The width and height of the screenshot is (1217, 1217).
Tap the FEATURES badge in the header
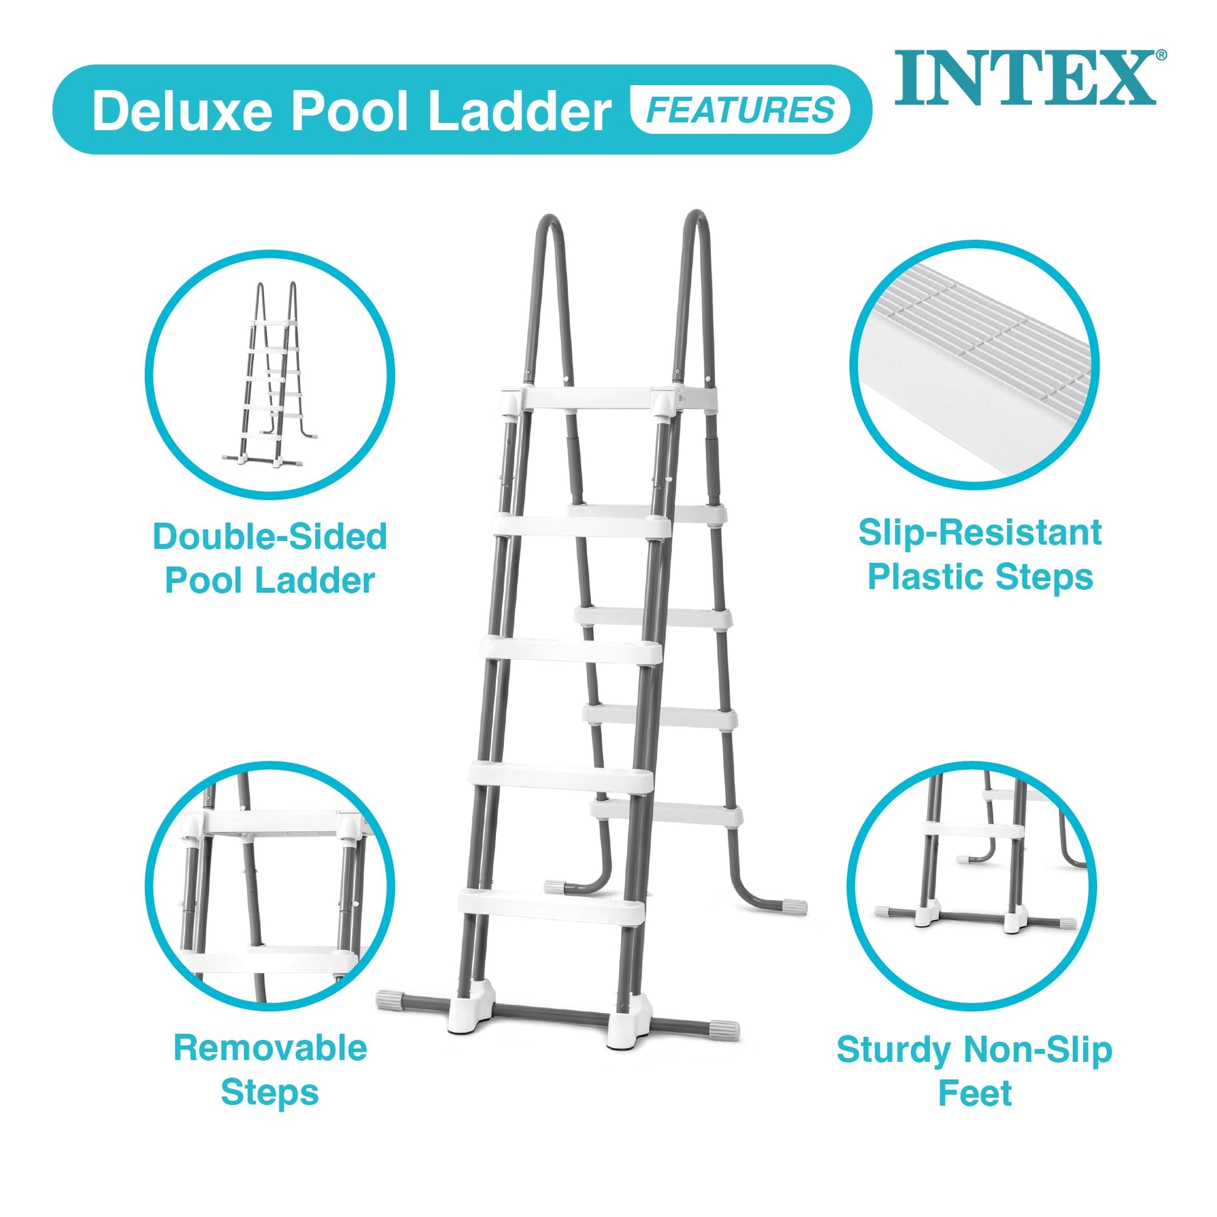[x=740, y=110]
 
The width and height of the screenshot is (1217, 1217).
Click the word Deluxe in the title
[x=187, y=111]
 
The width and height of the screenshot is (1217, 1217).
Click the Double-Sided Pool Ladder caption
[x=270, y=558]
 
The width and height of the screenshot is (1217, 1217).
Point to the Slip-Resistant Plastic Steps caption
[x=980, y=554]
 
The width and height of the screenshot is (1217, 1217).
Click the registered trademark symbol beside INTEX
[x=1161, y=56]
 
